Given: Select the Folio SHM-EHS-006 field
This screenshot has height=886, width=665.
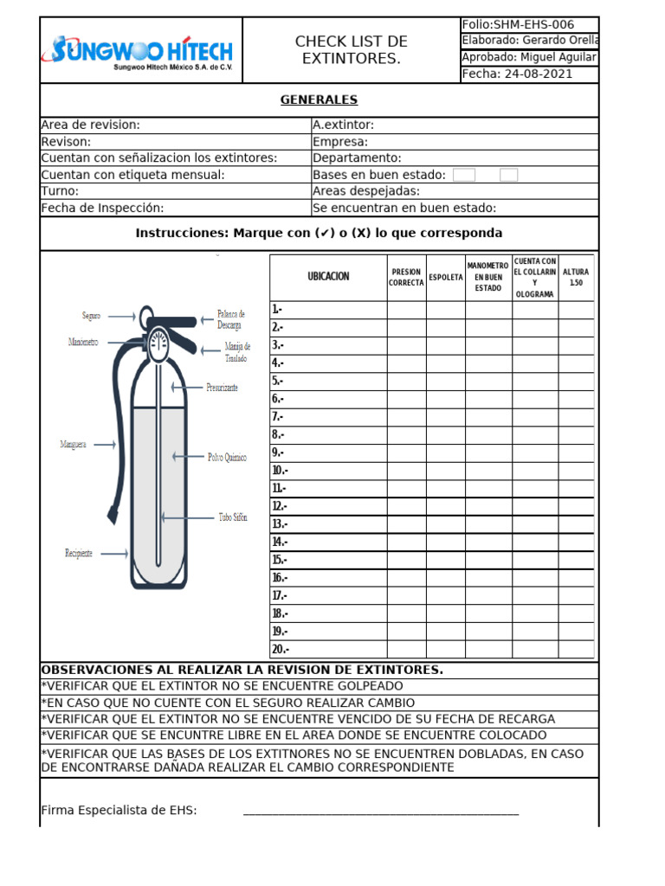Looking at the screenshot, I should pyautogui.click(x=518, y=25).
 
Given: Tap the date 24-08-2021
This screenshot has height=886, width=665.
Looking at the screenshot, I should pyautogui.click(x=518, y=74).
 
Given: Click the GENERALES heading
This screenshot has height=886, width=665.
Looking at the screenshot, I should pyautogui.click(x=319, y=100).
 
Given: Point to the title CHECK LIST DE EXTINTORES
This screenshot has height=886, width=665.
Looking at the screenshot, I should pyautogui.click(x=351, y=50).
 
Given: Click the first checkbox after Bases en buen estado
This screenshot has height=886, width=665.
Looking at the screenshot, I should pyautogui.click(x=464, y=175).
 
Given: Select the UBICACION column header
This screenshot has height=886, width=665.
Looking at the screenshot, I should pyautogui.click(x=328, y=277).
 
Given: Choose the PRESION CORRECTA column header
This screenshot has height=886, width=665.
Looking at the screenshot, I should pyautogui.click(x=406, y=278).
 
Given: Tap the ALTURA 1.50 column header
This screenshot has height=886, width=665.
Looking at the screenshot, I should pyautogui.click(x=576, y=278).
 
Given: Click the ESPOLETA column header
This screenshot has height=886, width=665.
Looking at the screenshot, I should pyautogui.click(x=445, y=278).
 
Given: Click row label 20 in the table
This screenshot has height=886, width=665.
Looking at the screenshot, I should pyautogui.click(x=281, y=650).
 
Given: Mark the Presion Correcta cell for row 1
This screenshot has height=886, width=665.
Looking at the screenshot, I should pyautogui.click(x=406, y=310).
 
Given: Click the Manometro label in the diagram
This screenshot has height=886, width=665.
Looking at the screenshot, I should pyautogui.click(x=83, y=343).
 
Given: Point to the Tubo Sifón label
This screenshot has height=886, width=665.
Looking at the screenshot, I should pyautogui.click(x=232, y=517).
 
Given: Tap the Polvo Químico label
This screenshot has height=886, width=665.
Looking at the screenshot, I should pyautogui.click(x=227, y=457).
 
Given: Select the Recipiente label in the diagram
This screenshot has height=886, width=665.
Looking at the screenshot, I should pyautogui.click(x=79, y=553).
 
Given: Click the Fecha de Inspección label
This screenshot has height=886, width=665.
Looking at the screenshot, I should pyautogui.click(x=102, y=208).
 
